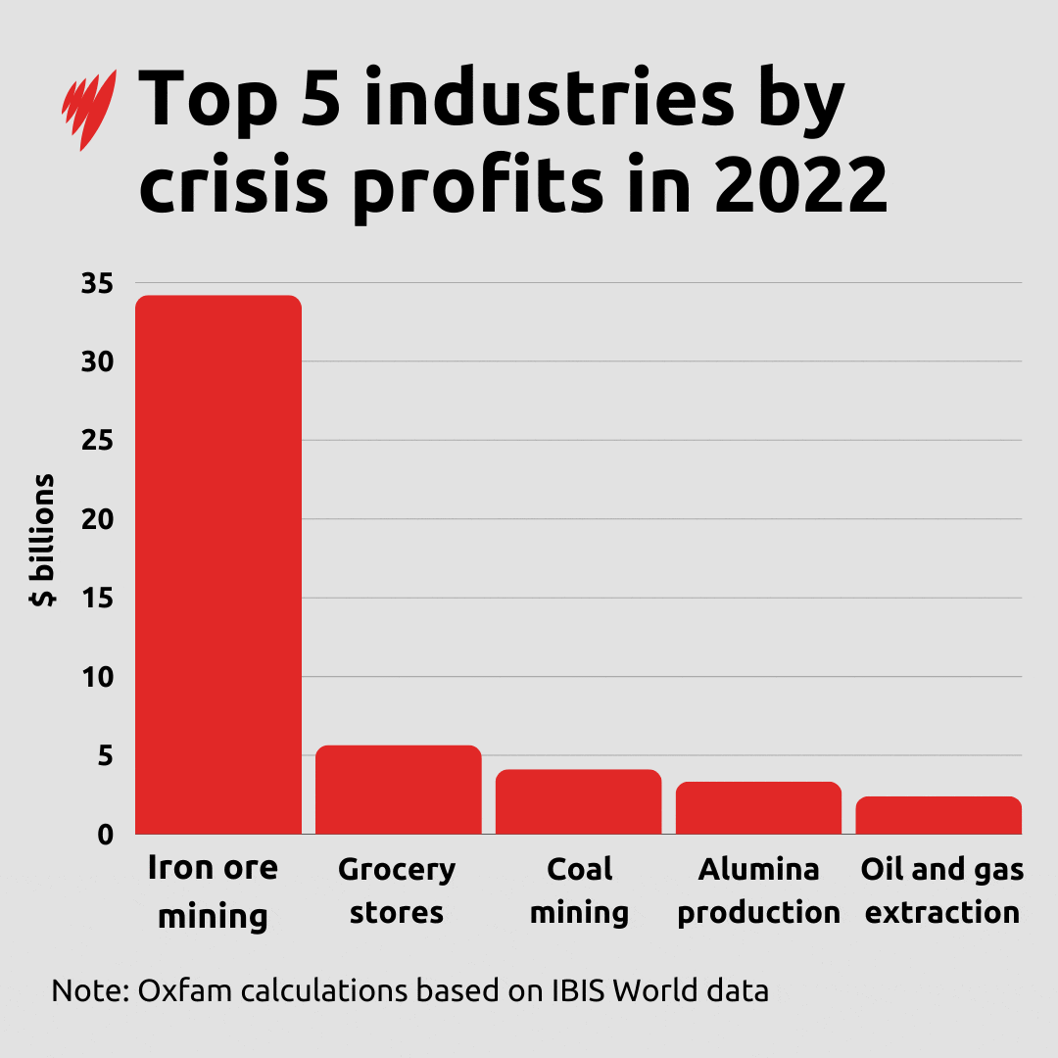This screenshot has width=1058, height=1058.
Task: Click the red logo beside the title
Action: (x=89, y=109)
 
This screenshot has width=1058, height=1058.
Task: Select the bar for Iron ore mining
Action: (x=218, y=564)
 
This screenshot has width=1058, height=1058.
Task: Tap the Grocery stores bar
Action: (x=399, y=790)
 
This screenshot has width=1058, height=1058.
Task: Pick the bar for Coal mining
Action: (x=579, y=801)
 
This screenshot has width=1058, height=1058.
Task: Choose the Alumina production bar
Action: (x=759, y=807)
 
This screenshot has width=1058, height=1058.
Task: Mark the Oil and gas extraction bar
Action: (x=938, y=815)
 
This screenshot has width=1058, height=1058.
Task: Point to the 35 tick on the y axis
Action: (x=97, y=283)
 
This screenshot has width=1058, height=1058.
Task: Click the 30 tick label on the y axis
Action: (x=97, y=361)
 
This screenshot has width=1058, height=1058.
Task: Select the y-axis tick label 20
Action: (x=97, y=519)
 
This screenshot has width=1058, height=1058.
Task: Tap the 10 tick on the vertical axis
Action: (x=97, y=677)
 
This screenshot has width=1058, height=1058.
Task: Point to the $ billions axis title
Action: (x=43, y=541)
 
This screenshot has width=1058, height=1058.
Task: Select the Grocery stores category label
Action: (x=397, y=890)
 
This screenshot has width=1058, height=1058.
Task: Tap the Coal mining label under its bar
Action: (x=579, y=890)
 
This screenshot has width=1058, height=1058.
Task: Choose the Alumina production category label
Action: (x=759, y=890)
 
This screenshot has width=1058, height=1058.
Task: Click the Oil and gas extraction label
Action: (x=942, y=890)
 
